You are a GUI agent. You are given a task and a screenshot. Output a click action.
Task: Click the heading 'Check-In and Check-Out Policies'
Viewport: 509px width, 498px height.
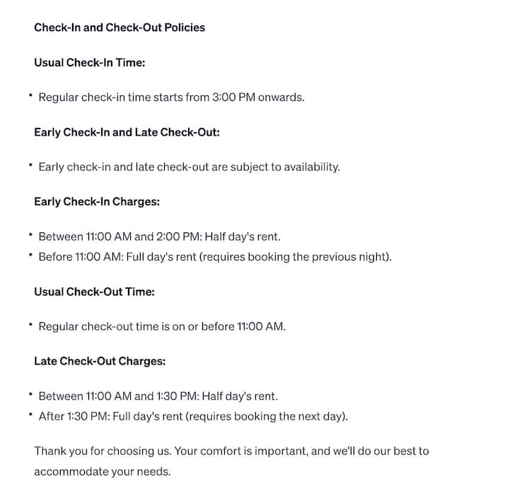(119, 28)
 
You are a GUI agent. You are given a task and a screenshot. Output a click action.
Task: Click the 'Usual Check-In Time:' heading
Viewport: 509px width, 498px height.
(89, 62)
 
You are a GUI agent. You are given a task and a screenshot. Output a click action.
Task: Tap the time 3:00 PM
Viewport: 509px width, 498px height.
(233, 97)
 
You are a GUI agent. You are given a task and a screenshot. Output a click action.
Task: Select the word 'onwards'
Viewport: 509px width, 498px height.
(281, 97)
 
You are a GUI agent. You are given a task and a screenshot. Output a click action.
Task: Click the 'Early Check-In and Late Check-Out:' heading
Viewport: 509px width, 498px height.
(127, 132)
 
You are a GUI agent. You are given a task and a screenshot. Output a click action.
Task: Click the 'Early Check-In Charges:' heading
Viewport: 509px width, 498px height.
(97, 201)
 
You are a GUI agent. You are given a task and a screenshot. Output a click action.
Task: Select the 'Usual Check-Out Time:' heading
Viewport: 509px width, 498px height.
(94, 291)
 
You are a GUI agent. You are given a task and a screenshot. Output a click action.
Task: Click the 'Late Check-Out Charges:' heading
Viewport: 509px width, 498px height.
(100, 361)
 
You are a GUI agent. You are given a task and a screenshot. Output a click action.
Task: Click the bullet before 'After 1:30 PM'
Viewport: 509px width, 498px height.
(31, 415)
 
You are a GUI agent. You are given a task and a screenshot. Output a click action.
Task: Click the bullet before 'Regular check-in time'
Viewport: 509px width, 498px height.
(31, 95)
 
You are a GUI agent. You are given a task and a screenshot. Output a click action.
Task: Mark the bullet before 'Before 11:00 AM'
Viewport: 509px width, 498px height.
(31, 255)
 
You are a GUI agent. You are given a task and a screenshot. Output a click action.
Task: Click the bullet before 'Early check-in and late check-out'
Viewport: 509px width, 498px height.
(31, 165)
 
